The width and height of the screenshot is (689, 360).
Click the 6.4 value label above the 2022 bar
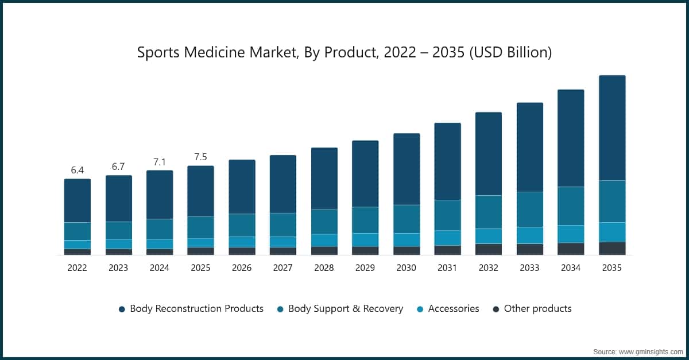(78, 170)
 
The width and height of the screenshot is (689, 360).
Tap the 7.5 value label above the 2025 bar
(200, 157)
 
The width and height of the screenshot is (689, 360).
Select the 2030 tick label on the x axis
(406, 268)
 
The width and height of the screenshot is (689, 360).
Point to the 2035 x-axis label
(612, 268)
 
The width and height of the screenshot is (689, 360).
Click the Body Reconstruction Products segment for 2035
(612, 128)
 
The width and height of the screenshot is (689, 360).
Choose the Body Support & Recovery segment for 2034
(571, 206)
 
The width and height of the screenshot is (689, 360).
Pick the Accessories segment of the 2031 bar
(447, 238)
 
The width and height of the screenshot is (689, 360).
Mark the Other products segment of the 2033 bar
(529, 249)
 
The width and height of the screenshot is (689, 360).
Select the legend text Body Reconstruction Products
(196, 309)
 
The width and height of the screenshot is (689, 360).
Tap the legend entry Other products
(537, 309)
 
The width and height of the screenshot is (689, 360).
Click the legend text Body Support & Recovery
(346, 309)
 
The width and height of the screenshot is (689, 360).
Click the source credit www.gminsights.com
(650, 350)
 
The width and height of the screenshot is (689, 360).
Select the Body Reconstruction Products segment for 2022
(78, 200)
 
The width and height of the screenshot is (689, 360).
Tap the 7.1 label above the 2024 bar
(160, 162)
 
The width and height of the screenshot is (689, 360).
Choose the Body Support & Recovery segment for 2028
(324, 222)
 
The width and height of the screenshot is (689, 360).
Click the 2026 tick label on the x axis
(242, 268)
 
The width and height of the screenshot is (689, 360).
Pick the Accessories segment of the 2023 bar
(118, 243)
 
